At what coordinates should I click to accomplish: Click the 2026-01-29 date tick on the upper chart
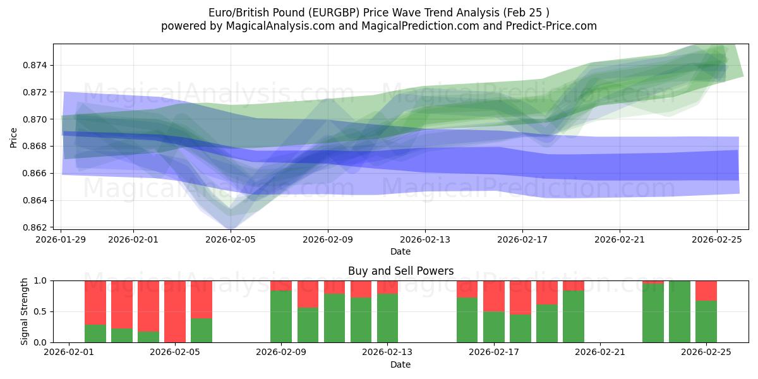(61, 240)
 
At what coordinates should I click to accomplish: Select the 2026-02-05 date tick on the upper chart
(231, 240)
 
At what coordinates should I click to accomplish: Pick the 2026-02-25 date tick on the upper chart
(717, 240)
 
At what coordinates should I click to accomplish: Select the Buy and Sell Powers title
(400, 271)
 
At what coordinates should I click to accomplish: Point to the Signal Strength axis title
(24, 311)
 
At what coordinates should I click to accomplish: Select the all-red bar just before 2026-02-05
(175, 311)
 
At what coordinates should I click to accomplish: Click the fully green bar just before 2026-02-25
(680, 311)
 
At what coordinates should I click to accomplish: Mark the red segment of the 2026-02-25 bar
(706, 290)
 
